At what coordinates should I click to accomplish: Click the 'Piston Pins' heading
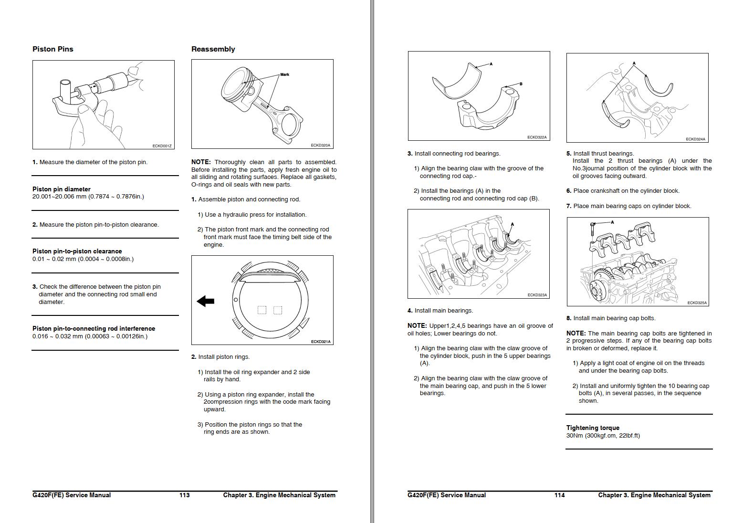coord(52,49)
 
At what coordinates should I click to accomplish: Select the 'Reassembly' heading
coord(213,49)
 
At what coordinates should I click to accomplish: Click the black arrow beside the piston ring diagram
coord(206,301)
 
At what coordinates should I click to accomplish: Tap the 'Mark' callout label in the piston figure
coord(284,74)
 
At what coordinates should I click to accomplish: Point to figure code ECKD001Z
coord(162,146)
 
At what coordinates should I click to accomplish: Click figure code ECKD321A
coord(321,341)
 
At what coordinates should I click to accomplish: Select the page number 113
coord(184,495)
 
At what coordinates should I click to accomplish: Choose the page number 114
coord(559,495)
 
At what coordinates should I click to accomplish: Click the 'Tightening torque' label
coord(593,428)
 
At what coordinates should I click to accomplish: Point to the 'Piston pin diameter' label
coord(61,189)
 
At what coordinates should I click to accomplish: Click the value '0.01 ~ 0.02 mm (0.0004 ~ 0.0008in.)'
coord(83,259)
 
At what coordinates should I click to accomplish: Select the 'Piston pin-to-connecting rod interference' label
coord(94,328)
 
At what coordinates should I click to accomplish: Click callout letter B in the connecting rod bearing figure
coord(521,84)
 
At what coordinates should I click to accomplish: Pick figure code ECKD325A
coord(697,303)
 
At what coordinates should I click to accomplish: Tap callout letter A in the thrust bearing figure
coord(634,63)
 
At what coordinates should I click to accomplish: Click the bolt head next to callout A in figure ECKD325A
coord(592,224)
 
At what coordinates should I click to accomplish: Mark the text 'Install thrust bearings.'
coord(603,154)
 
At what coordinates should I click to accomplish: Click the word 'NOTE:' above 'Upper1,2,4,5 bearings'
coord(417,326)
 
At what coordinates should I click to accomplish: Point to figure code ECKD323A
coord(537,295)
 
